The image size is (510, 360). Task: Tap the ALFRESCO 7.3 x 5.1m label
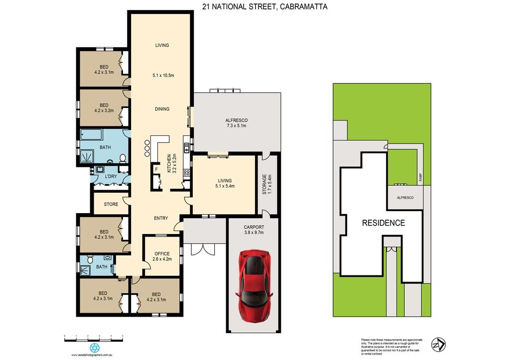[x=237, y=123]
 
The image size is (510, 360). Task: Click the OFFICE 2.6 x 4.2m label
[x=162, y=256]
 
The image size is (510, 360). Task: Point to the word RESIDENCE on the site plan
[x=383, y=223]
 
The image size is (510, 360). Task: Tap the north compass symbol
[x=438, y=344]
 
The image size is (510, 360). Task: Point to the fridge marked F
[x=156, y=169]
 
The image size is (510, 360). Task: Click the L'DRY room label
[x=110, y=176]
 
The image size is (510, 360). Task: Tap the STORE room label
[x=111, y=204]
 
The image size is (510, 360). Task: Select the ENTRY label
[x=160, y=218]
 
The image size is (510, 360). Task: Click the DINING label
[x=161, y=109]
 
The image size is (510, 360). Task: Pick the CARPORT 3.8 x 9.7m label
[x=254, y=230]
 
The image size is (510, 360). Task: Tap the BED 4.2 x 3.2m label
[x=104, y=108]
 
